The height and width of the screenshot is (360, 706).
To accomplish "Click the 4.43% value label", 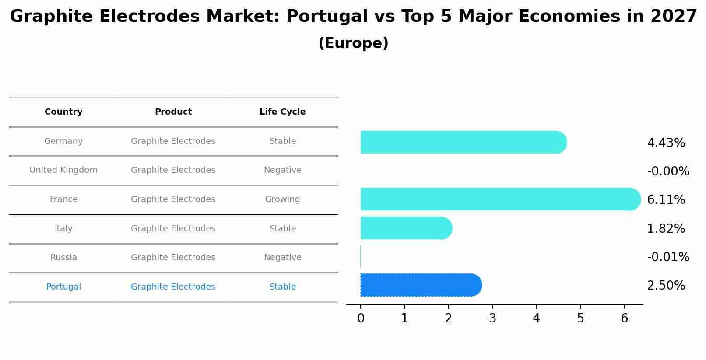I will (666, 143).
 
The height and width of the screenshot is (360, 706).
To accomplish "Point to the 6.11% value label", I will (666, 200).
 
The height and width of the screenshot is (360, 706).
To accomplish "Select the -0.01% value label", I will (668, 257).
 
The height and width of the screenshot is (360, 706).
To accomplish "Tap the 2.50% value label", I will (666, 286).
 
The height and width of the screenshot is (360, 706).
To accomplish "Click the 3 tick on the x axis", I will (492, 318).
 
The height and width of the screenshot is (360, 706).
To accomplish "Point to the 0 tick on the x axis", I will (361, 318).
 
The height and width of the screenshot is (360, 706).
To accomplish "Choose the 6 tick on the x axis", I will (624, 318).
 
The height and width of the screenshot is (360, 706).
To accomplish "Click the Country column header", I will (63, 112).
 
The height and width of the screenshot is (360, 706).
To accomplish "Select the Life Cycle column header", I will (282, 112).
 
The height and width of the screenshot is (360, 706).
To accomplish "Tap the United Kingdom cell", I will (63, 170).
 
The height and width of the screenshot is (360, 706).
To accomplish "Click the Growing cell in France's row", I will (282, 199).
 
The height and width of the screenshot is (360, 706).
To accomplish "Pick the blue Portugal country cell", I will (63, 287).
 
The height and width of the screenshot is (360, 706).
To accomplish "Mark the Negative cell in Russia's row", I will (282, 258).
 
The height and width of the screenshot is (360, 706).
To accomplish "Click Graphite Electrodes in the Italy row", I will (173, 229).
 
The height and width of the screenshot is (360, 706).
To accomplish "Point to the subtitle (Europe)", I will (353, 43).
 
